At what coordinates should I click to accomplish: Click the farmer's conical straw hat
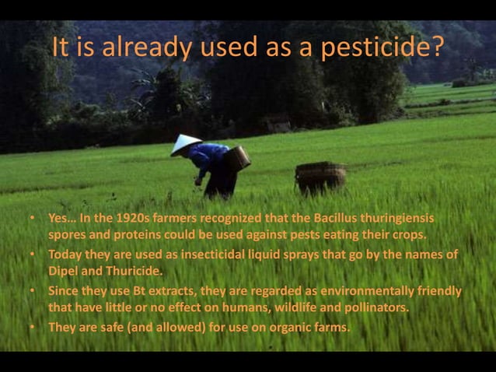pos(185,144)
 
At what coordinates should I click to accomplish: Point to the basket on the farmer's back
pos(237,158)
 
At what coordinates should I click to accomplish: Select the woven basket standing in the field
pos(320,177)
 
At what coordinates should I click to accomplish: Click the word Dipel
pos(64,272)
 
